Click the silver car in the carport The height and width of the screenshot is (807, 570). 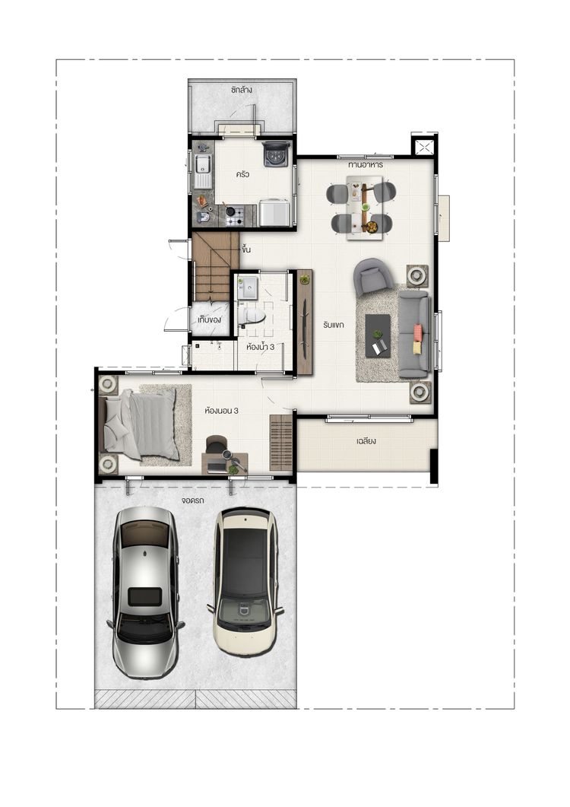[x=146, y=592]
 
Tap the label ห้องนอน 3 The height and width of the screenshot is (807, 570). [x=221, y=411]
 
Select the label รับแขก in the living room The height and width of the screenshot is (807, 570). [x=334, y=325]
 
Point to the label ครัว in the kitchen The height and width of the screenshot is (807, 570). [x=242, y=174]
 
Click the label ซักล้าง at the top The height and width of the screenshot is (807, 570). [x=241, y=90]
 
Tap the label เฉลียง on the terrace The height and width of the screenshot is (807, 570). [x=366, y=441]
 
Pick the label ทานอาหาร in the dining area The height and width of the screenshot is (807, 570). [x=366, y=165]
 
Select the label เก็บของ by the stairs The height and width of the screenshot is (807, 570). [x=209, y=319]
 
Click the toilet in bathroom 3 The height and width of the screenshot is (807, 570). [x=252, y=315]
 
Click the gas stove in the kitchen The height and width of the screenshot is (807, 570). [x=234, y=216]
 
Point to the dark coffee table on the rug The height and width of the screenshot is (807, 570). [x=378, y=335]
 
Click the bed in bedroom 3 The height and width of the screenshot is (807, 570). [x=141, y=424]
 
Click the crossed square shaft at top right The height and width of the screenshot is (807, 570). [x=424, y=147]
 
